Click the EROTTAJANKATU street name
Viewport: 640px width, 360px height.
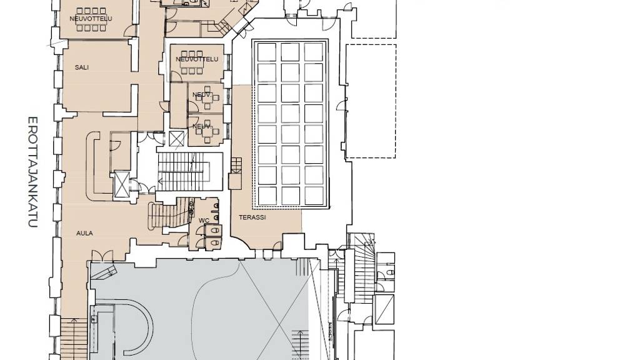tap(33, 172)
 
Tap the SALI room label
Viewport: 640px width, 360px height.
tap(82, 67)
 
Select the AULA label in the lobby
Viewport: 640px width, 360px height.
tap(84, 234)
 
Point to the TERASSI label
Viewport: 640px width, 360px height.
tap(252, 217)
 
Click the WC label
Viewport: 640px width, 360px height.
tap(204, 221)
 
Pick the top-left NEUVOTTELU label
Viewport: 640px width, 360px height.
tap(91, 19)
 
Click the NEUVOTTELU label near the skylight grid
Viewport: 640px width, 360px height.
tap(197, 59)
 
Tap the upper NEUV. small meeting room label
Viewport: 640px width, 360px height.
tap(201, 95)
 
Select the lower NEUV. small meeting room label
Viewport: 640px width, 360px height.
tap(201, 126)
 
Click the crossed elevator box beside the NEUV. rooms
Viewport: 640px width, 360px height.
tap(177, 139)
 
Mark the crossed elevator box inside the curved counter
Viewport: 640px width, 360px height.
tap(122, 184)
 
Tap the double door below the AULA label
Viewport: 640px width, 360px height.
tap(102, 256)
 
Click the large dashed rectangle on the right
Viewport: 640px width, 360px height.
tap(371, 101)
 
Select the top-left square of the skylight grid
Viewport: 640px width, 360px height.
tap(267, 52)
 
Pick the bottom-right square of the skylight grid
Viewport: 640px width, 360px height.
tap(314, 196)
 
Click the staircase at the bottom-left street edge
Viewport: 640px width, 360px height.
tap(74, 339)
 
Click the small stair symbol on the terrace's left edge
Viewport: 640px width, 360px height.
tap(236, 166)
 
